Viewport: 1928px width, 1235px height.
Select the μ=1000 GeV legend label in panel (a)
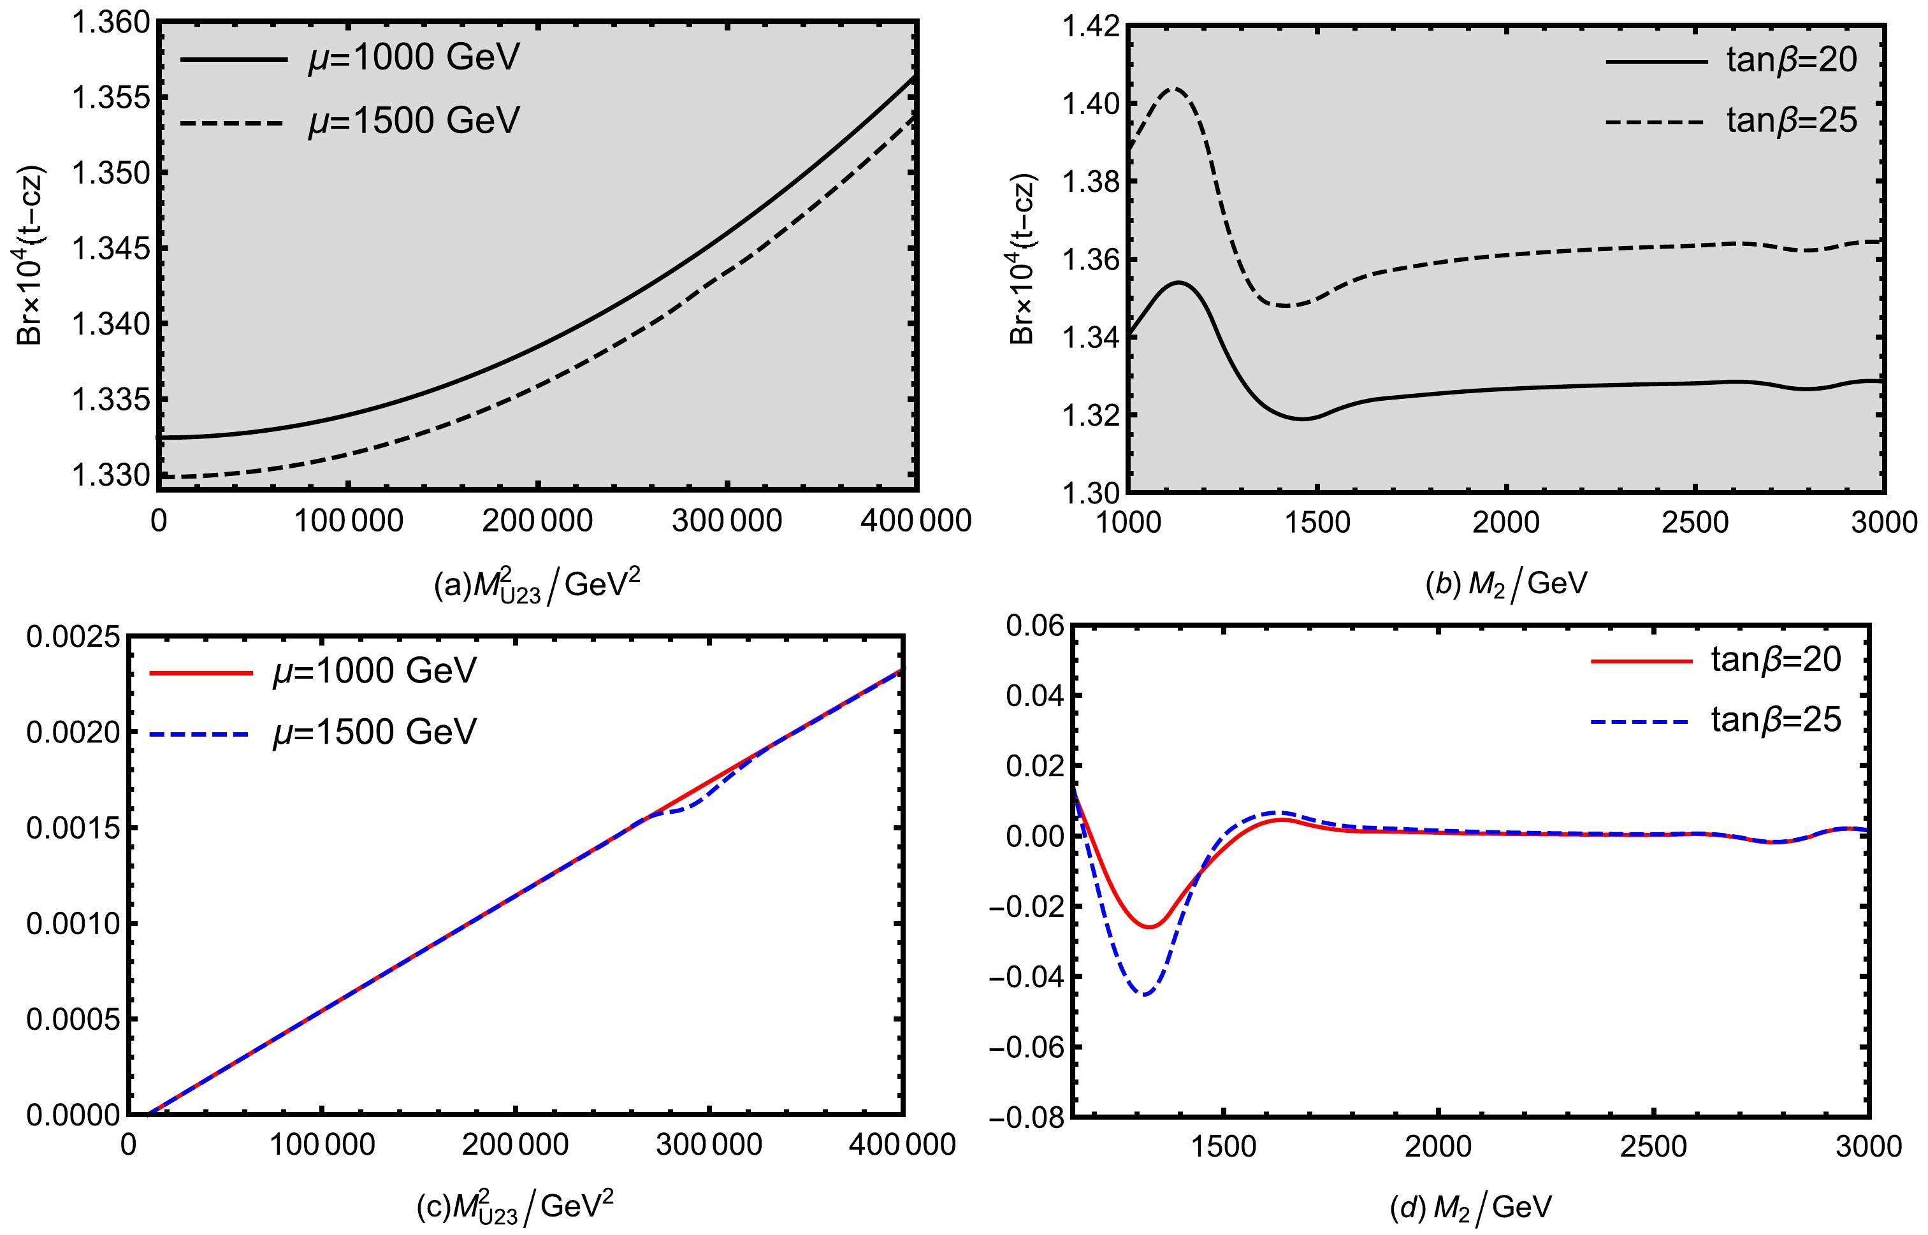414,58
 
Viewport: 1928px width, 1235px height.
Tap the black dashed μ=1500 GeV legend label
414,120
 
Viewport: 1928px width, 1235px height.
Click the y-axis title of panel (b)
1022,259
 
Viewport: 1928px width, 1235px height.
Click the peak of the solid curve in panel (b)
1179,282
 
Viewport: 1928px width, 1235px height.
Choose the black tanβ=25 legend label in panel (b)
1792,120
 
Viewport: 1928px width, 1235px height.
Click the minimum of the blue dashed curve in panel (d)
1145,994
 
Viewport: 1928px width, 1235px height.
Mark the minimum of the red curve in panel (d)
1149,927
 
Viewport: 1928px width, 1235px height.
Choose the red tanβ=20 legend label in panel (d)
1776,659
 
